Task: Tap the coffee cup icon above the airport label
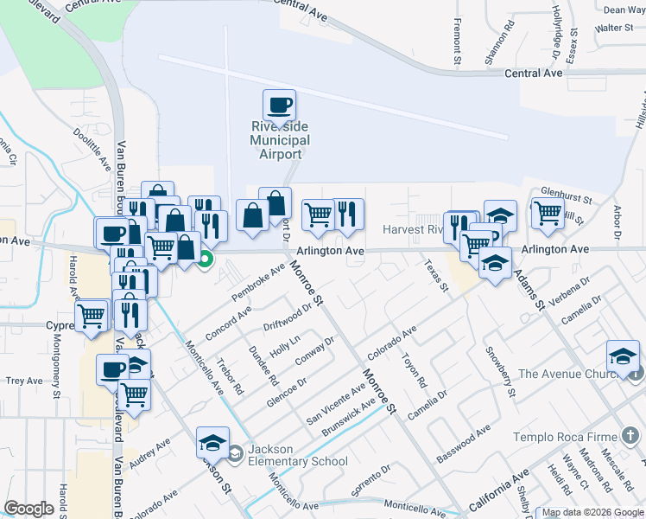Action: [x=279, y=106]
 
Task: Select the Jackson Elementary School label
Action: [x=297, y=455]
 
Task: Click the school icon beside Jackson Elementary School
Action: [x=212, y=444]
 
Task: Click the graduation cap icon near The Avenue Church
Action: [x=623, y=357]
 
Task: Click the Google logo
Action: [x=29, y=509]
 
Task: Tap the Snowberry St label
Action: [x=500, y=371]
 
